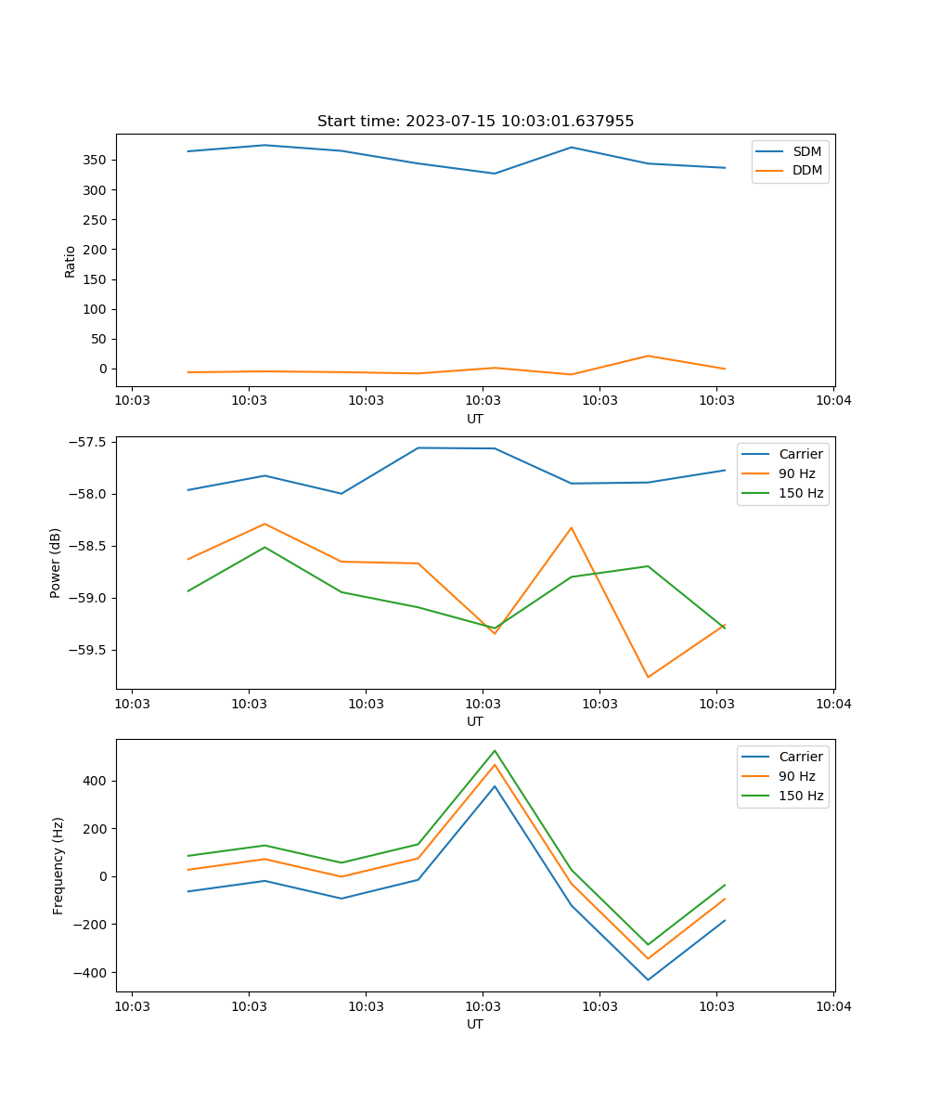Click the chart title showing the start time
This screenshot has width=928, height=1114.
coord(475,122)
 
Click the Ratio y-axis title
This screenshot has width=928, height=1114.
coord(71,261)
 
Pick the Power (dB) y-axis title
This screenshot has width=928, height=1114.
coord(56,563)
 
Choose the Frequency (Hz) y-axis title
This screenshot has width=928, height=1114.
coord(58,865)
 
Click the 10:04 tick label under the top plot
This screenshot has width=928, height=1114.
coord(832,401)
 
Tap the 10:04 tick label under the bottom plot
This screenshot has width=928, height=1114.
coord(832,1006)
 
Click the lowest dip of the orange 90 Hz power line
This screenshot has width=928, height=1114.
coord(648,677)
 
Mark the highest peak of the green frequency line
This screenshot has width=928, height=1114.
coord(495,751)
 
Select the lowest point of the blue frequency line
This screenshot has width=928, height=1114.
coord(648,979)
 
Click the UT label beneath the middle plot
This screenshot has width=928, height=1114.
coord(475,721)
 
